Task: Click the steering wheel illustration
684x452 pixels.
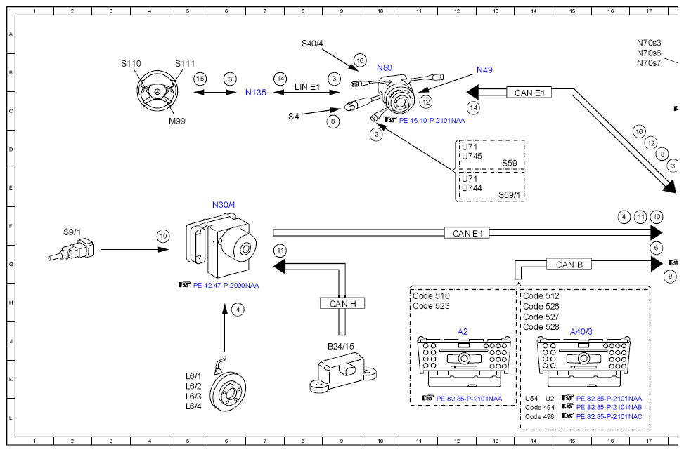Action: (x=158, y=93)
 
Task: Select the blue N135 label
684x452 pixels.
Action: (x=256, y=93)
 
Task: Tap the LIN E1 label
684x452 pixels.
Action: (x=307, y=86)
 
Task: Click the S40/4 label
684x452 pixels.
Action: (x=312, y=44)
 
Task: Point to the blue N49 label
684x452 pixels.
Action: (x=484, y=69)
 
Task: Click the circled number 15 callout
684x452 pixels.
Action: (x=200, y=79)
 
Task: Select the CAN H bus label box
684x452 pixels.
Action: (x=342, y=303)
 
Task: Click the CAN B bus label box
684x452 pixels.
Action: (x=569, y=265)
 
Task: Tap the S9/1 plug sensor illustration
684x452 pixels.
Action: (x=71, y=251)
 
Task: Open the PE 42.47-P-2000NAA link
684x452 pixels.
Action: (x=226, y=286)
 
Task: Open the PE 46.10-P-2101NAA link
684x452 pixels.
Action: (x=432, y=121)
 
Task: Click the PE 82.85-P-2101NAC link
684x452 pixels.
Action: (x=609, y=417)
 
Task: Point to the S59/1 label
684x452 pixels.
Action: (x=509, y=195)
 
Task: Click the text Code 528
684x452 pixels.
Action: (x=541, y=327)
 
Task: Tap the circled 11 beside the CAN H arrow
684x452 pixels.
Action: (x=280, y=251)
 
